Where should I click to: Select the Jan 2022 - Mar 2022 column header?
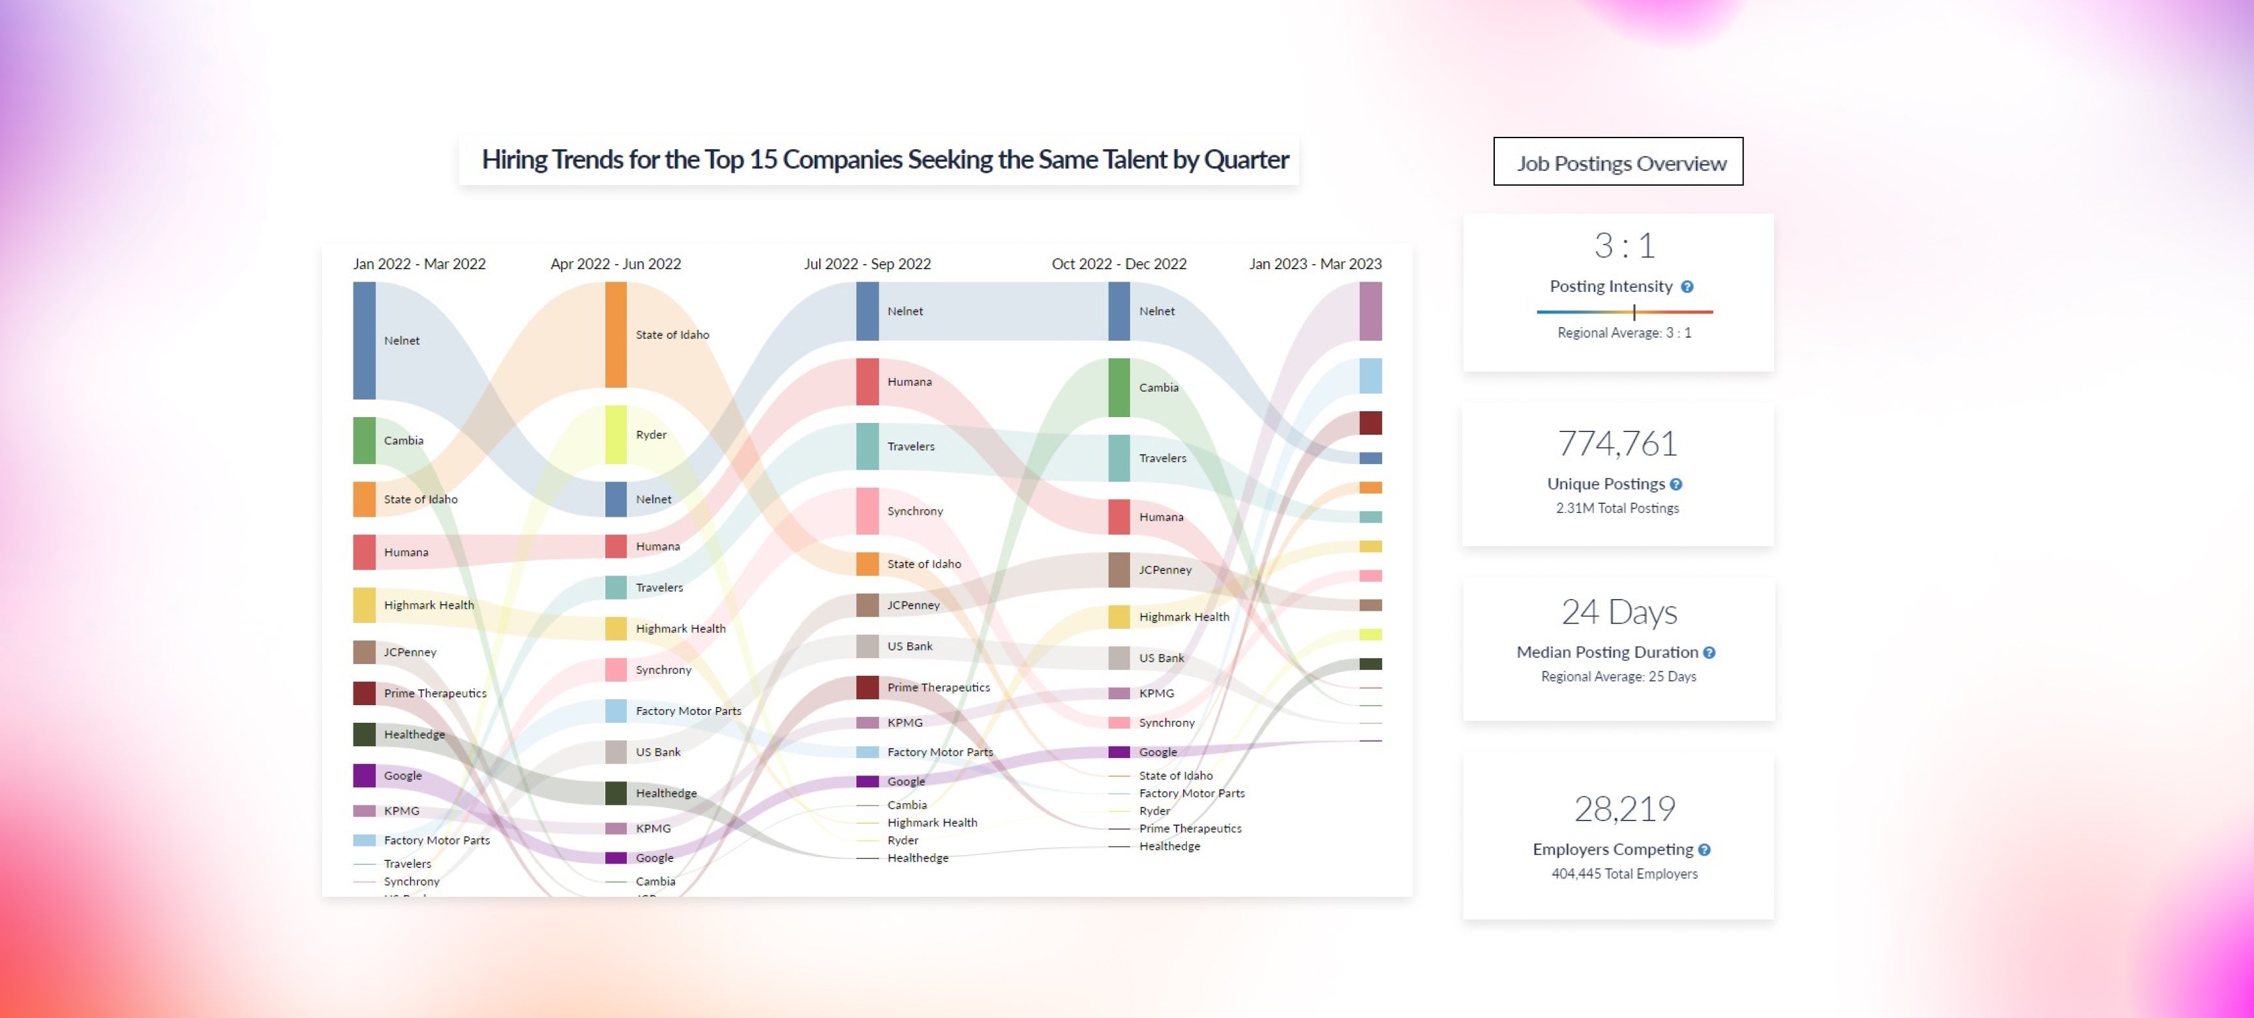419,264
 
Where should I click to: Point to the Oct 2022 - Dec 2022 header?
1119,264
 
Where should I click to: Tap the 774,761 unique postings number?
1617,443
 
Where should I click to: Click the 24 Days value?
1619,611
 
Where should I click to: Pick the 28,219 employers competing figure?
1624,808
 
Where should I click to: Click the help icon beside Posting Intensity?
1687,287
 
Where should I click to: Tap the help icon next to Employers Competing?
1704,849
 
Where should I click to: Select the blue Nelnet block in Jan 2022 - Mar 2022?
364,340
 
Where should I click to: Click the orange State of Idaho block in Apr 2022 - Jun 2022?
616,334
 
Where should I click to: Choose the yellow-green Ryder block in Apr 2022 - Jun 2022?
616,435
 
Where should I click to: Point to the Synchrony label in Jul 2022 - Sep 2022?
914,511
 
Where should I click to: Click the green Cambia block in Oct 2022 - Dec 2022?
1119,387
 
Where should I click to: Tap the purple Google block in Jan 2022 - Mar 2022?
364,776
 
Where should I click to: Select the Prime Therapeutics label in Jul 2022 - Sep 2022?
938,688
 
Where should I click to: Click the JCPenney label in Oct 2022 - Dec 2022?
1165,570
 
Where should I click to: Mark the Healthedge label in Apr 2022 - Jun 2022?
666,793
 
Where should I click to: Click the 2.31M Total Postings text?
1617,508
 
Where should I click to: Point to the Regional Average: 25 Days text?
1618,676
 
